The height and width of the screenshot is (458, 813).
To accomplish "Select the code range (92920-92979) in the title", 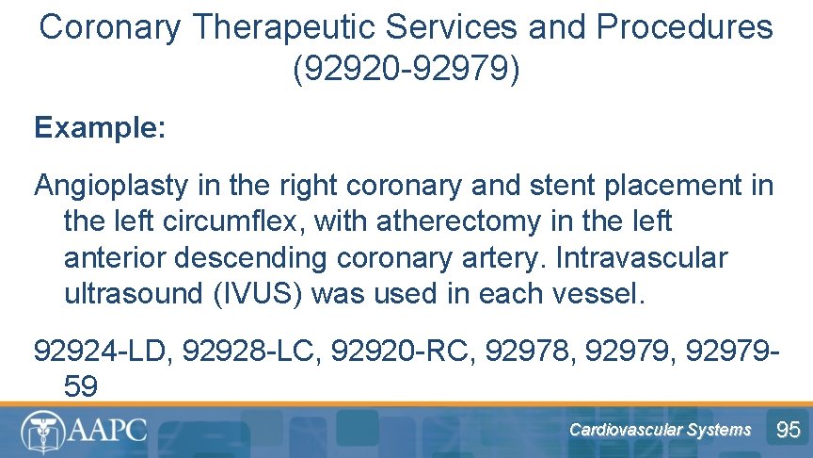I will click(x=406, y=70).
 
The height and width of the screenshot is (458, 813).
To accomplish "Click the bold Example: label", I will click(x=100, y=128).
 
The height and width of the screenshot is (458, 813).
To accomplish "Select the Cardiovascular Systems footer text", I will click(x=660, y=431).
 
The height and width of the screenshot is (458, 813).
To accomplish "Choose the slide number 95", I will click(x=788, y=431).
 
